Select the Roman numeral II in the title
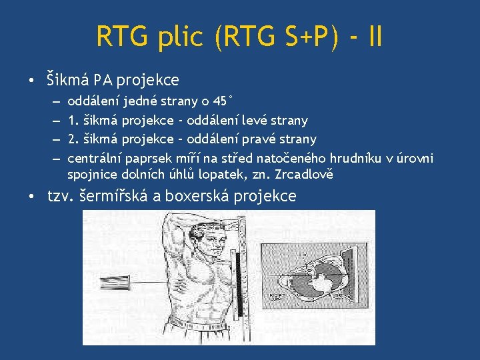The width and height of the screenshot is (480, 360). (x=375, y=37)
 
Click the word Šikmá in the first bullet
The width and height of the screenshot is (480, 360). (x=67, y=81)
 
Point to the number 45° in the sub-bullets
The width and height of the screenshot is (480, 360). (x=222, y=101)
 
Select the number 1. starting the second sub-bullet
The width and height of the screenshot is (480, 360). (x=72, y=120)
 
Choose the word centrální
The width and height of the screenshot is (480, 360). (x=93, y=158)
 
